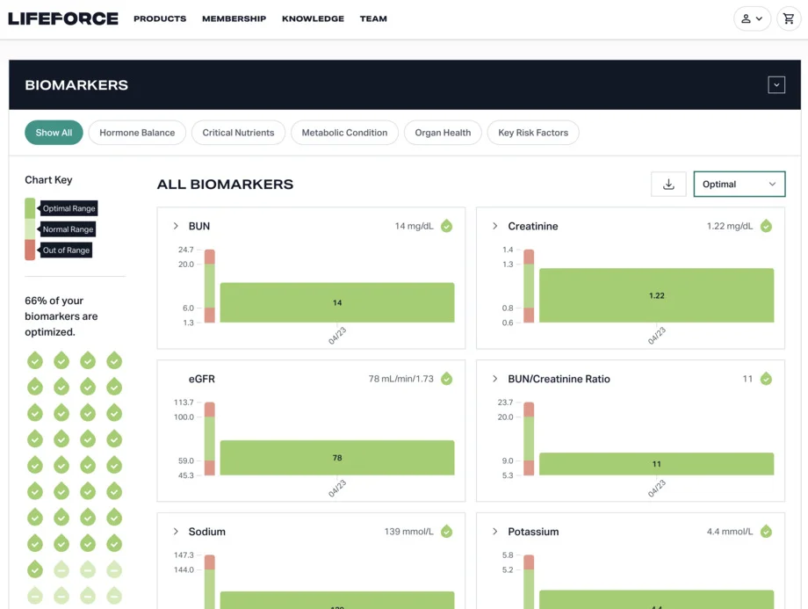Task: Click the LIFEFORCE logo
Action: coord(63,18)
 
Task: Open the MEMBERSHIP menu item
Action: coord(234,18)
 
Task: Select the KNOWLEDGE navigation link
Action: coord(313,18)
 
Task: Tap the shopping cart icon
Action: coord(789,18)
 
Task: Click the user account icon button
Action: coord(752,18)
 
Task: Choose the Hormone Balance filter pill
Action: coord(137,133)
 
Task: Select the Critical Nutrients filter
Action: coord(238,133)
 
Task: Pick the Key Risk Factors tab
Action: coord(532,133)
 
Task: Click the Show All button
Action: coord(54,133)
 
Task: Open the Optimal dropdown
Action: coord(739,184)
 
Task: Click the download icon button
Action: coord(668,184)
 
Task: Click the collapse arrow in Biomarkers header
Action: coord(776,85)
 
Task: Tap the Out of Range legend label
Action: coord(67,250)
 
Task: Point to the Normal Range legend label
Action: coord(68,229)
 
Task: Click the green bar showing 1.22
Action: coord(656,296)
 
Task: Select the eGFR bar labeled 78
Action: coord(337,458)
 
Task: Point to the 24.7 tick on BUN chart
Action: coord(185,250)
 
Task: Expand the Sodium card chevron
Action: coord(176,532)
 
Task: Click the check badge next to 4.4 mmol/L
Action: coord(766,532)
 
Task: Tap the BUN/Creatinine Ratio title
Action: coord(559,379)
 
